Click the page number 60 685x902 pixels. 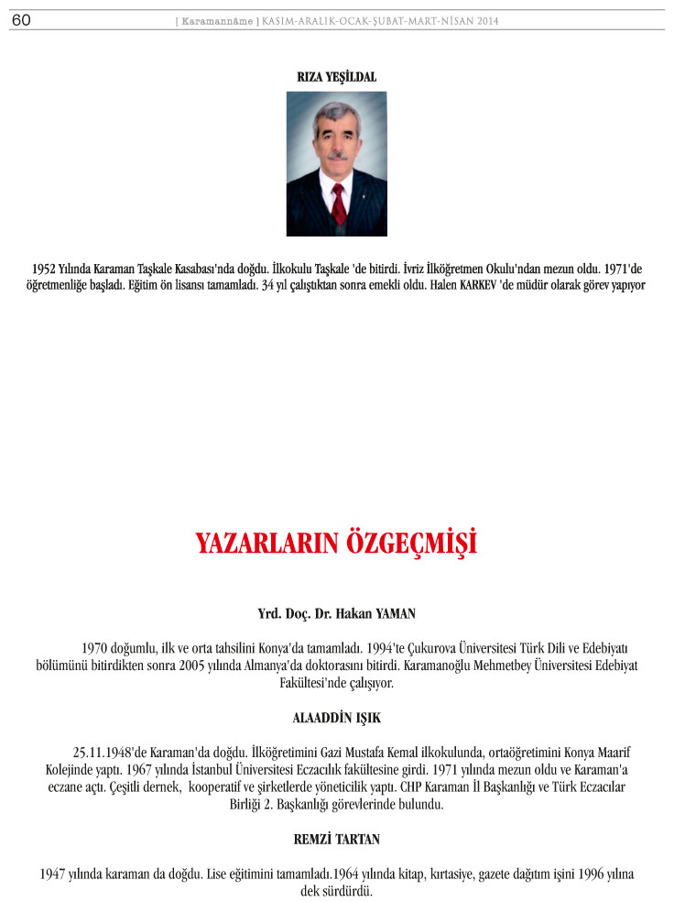click(21, 20)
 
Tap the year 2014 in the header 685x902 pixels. click(487, 21)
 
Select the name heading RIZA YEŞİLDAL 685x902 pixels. click(337, 77)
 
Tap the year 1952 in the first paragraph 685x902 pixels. click(47, 270)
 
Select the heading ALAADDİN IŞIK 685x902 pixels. click(337, 719)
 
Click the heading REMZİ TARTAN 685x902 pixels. click(337, 839)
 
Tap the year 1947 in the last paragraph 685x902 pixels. click(54, 874)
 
